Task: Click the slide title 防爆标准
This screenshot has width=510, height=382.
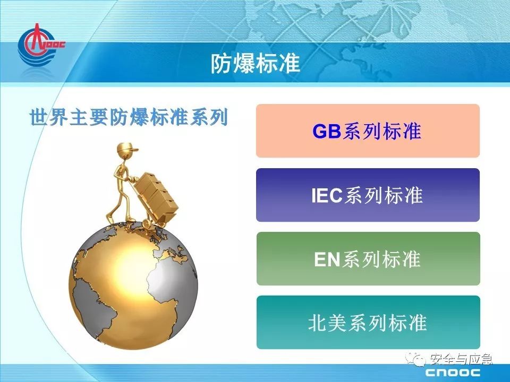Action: click(256, 63)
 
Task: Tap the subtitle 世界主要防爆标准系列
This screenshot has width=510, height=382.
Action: click(128, 117)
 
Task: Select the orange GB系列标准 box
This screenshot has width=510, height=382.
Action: click(368, 131)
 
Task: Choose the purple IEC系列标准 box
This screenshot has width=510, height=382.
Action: click(368, 195)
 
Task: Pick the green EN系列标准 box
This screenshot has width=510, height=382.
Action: click(368, 259)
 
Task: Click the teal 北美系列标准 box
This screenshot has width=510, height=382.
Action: click(368, 323)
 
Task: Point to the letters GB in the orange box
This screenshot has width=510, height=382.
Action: click(327, 131)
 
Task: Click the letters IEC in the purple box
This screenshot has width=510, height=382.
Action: click(327, 195)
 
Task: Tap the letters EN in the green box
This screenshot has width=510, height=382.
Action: click(327, 259)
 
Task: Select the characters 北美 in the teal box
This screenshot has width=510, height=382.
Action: click(327, 323)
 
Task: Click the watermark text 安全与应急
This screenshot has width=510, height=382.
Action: click(461, 359)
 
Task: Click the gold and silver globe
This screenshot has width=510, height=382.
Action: click(133, 286)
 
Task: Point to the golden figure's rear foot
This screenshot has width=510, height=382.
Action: click(109, 218)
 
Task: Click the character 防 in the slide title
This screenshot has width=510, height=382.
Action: click(221, 63)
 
